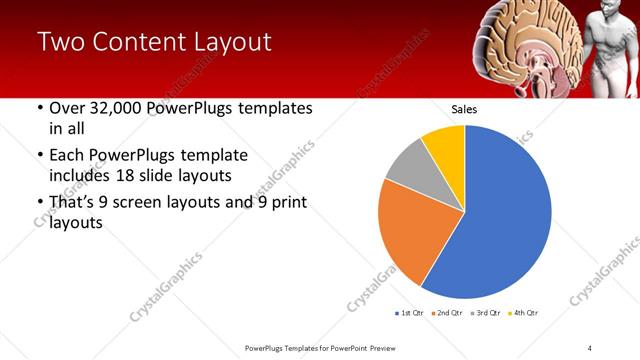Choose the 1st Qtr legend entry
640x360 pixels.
tap(410, 313)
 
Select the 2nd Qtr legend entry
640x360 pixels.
tap(447, 313)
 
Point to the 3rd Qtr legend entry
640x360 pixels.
tap(485, 313)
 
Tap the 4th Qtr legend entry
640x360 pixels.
tap(523, 313)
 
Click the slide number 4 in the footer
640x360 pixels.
tap(589, 347)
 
